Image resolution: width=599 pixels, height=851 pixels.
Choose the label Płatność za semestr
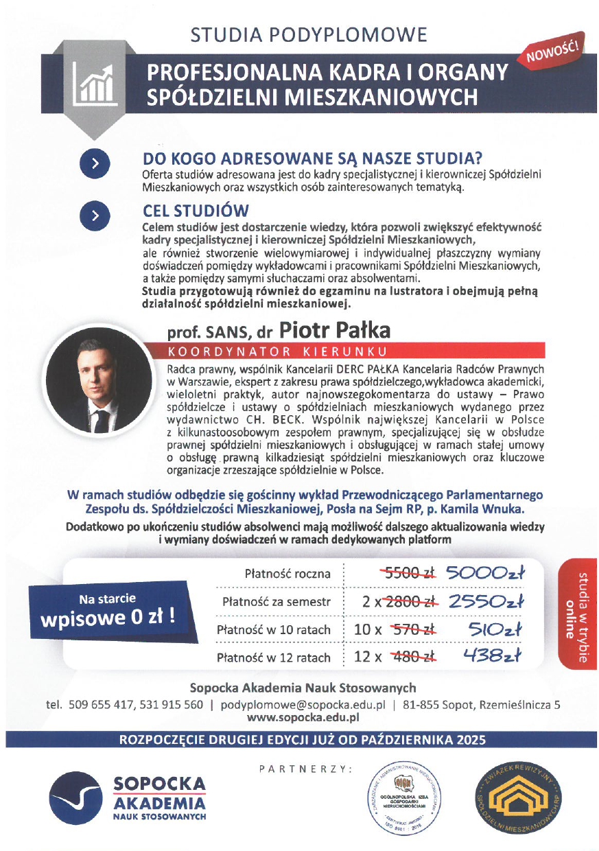276,602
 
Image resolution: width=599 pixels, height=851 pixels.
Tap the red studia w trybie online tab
576,612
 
